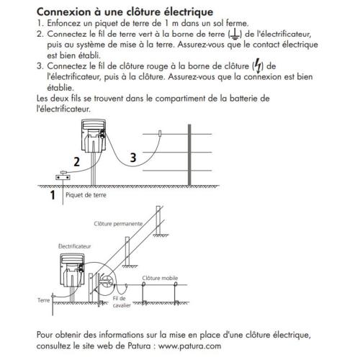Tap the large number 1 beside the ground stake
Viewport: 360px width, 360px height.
53,194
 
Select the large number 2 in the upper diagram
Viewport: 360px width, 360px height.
75,162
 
